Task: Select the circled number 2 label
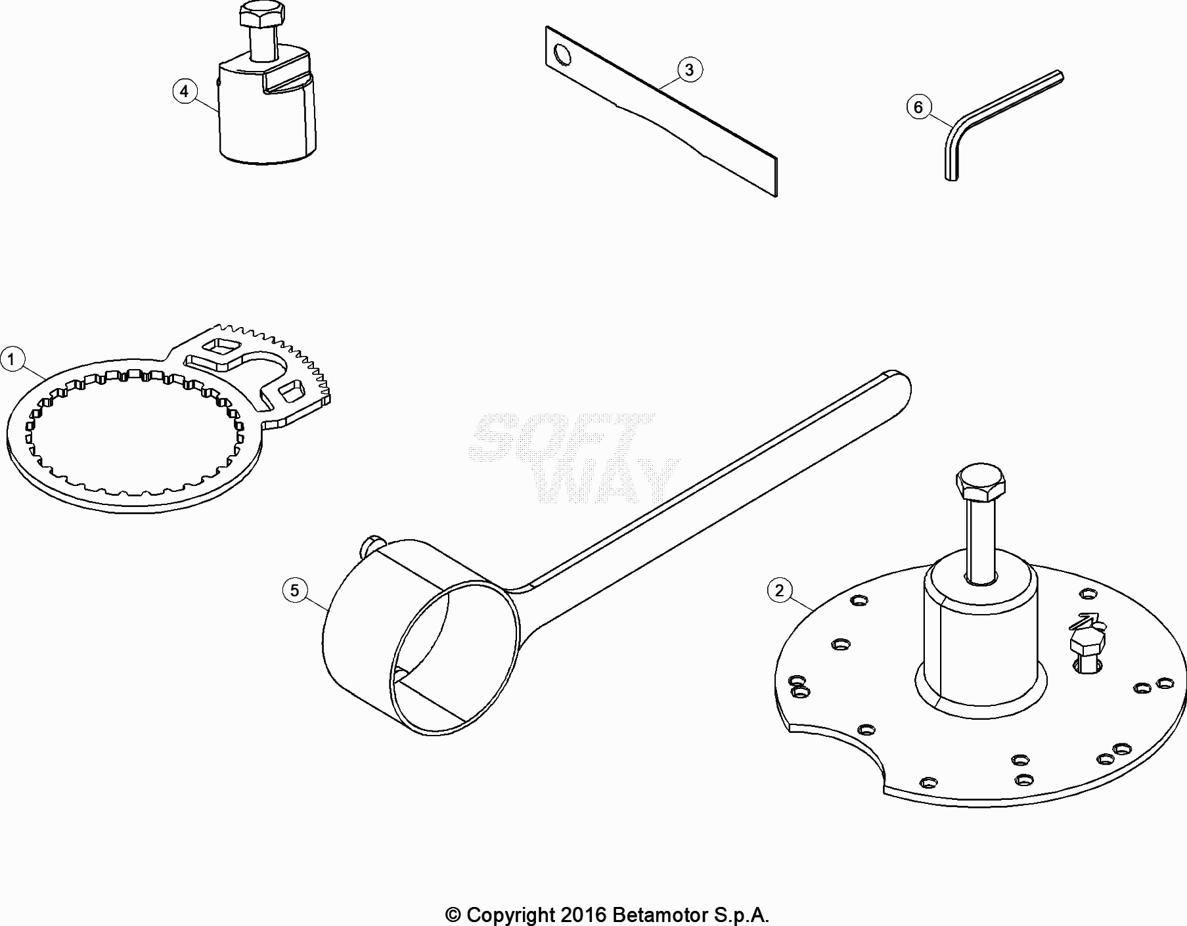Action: pyautogui.click(x=779, y=590)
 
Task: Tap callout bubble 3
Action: pyautogui.click(x=689, y=70)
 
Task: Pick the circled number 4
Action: pyautogui.click(x=184, y=91)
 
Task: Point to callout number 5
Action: pyautogui.click(x=294, y=590)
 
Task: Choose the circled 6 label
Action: pyautogui.click(x=918, y=107)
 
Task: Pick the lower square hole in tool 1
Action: pyautogui.click(x=291, y=393)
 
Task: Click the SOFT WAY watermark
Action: pyautogui.click(x=571, y=458)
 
